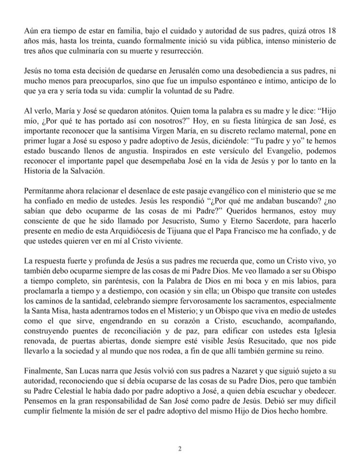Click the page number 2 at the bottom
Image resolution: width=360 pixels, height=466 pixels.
click(180, 449)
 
